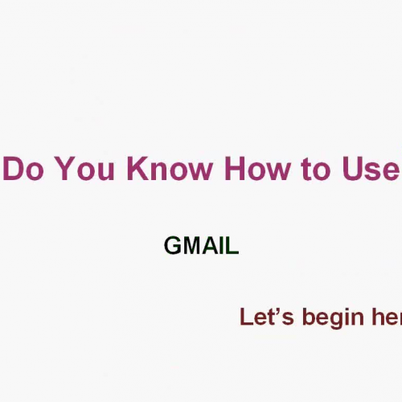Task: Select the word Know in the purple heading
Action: [x=162, y=170]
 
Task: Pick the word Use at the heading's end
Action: [x=368, y=170]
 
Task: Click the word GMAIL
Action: [x=201, y=246]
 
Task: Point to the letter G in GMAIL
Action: [x=173, y=246]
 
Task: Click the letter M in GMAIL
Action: [x=192, y=246]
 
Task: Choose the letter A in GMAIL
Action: [x=211, y=246]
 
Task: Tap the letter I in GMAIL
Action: [x=223, y=246]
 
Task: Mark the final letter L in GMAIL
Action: [x=232, y=246]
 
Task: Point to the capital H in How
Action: [x=234, y=170]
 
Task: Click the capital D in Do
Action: [x=12, y=170]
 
